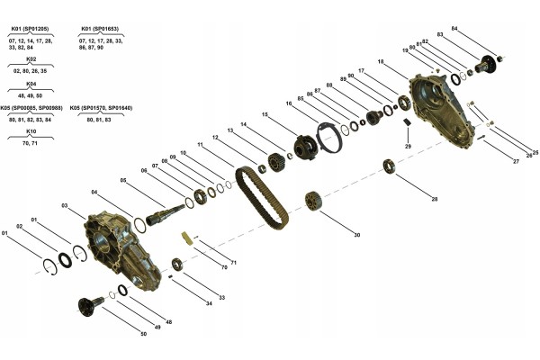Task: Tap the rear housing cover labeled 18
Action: click(x=442, y=112)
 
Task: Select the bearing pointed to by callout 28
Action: click(x=389, y=165)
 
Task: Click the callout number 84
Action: click(x=454, y=29)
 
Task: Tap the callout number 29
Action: click(x=408, y=146)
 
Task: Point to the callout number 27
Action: click(x=516, y=161)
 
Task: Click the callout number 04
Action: click(x=94, y=192)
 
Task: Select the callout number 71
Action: click(x=233, y=262)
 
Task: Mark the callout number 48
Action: click(x=168, y=322)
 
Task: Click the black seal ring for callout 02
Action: click(x=67, y=260)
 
